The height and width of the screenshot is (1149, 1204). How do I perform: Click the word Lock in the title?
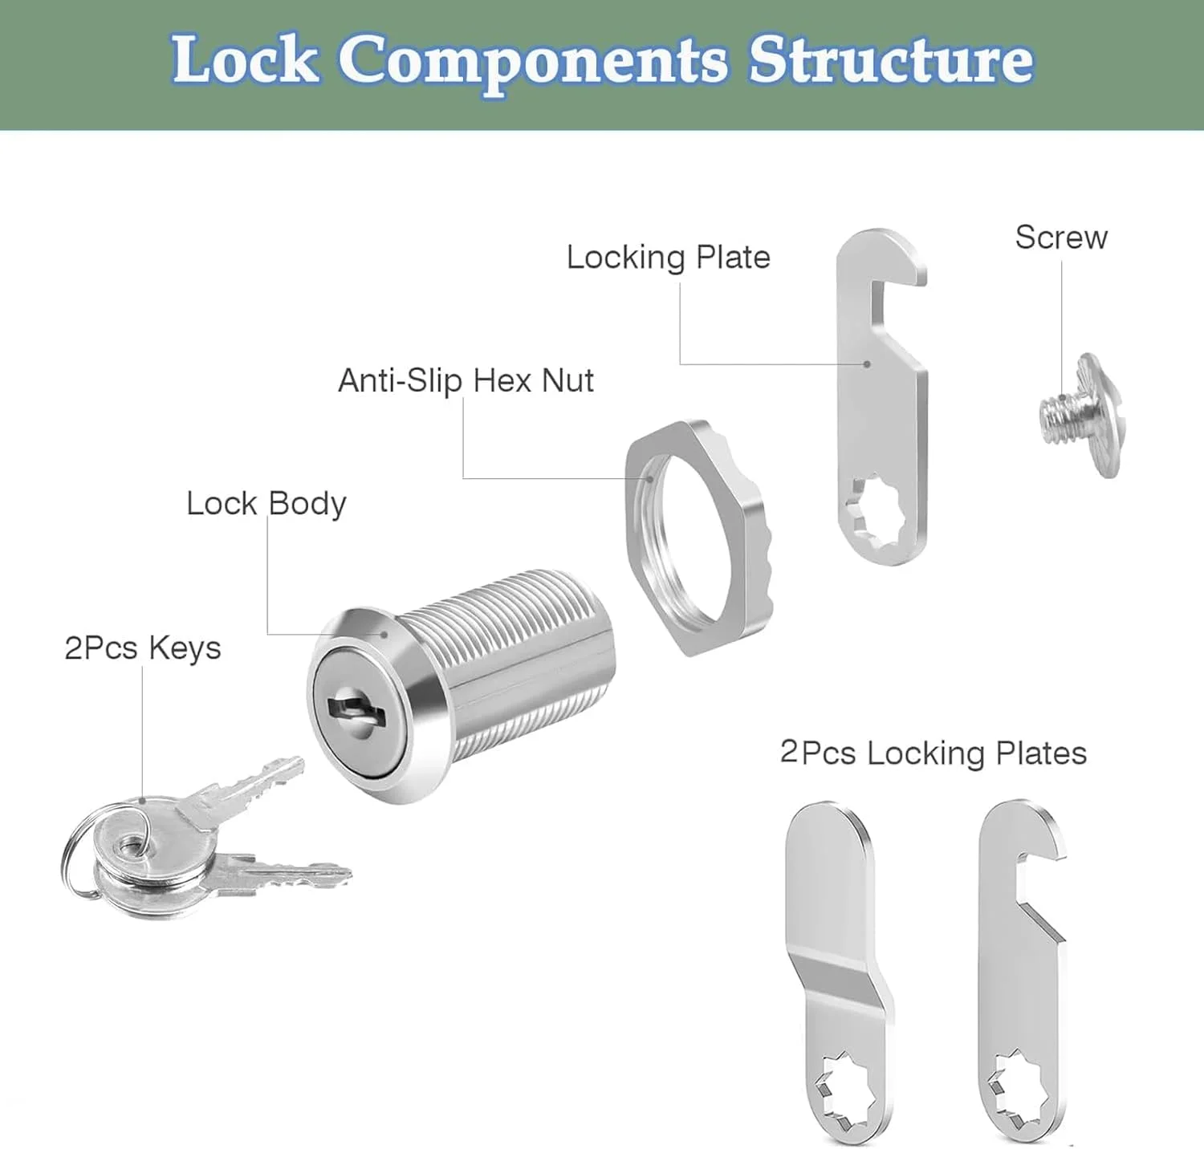(245, 60)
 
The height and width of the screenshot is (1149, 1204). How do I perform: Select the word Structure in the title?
(890, 60)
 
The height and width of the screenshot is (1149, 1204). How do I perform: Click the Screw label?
(1060, 238)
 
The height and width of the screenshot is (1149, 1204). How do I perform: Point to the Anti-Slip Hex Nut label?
(466, 380)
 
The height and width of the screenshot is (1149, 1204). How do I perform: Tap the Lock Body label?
(266, 504)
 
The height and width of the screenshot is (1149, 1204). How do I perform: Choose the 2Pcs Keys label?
(142, 648)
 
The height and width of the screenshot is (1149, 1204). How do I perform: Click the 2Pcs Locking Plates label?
(933, 753)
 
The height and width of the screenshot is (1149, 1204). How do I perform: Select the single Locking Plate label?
(668, 258)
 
